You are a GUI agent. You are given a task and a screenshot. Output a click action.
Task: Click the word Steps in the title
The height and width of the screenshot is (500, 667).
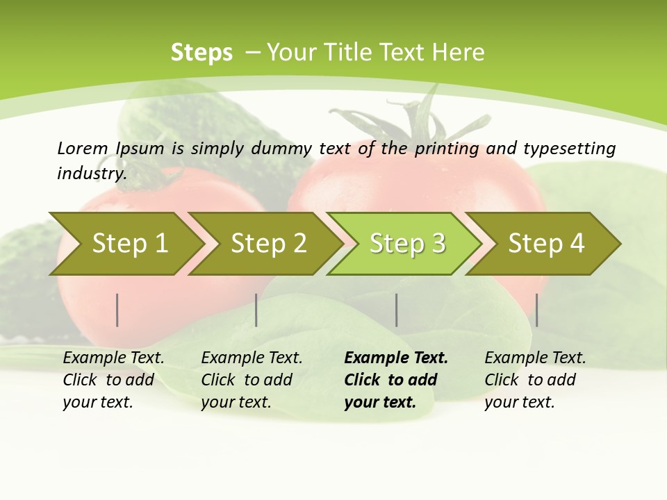201,53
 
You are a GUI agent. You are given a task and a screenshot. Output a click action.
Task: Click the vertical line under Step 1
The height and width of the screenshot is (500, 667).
117,310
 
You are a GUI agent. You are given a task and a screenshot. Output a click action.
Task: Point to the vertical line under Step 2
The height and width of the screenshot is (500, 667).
256,310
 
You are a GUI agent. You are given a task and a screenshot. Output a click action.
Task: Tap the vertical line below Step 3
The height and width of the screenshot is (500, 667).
397,310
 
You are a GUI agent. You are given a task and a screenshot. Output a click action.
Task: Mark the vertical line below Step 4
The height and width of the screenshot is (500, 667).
536,310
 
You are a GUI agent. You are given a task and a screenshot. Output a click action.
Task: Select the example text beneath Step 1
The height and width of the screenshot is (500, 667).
113,380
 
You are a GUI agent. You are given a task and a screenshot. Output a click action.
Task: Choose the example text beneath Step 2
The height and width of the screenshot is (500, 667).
252,380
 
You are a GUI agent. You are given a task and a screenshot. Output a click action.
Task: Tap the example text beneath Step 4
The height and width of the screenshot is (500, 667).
535,380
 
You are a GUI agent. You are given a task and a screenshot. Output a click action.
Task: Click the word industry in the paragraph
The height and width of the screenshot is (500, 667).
91,174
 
